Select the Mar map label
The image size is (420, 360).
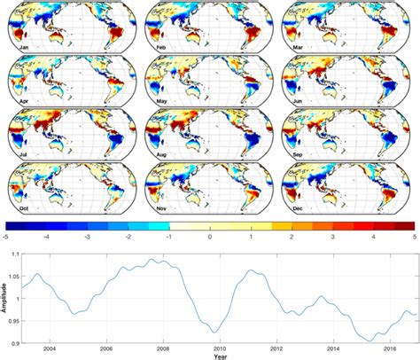pos(294,41)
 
